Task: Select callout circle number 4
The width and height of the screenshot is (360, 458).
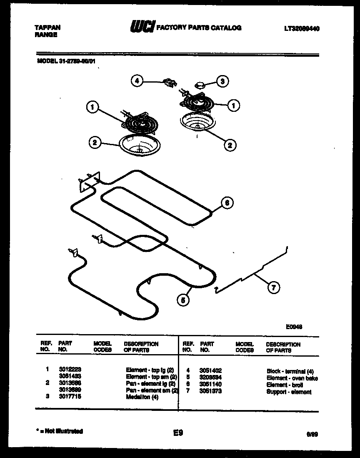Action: (x=137, y=81)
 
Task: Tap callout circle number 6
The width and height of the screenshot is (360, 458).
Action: (x=226, y=203)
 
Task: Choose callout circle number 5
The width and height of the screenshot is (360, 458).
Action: (x=182, y=299)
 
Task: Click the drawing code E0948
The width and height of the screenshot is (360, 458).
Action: (x=294, y=327)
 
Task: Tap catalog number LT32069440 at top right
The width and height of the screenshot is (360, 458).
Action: (x=302, y=28)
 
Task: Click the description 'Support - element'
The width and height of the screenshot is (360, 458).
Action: (x=289, y=392)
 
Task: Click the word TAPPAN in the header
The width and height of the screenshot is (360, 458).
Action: (x=47, y=28)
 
